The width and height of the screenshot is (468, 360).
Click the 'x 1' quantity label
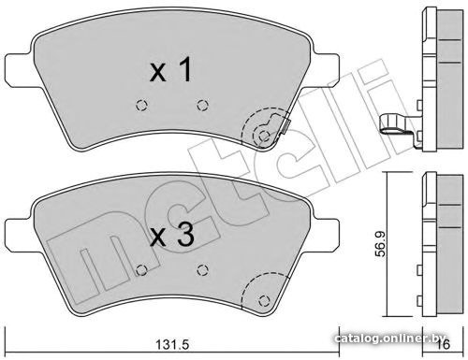tap(170, 70)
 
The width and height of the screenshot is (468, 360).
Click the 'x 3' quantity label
tap(172, 236)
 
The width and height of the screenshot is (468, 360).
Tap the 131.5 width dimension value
tap(172, 345)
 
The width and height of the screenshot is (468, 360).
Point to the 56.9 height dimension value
tap(380, 244)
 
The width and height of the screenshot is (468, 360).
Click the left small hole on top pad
tap(142, 105)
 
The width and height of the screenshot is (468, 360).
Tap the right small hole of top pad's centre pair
tap(202, 105)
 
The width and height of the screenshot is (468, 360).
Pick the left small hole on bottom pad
tap(142, 270)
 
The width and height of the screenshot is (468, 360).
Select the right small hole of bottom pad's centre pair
tap(202, 270)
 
